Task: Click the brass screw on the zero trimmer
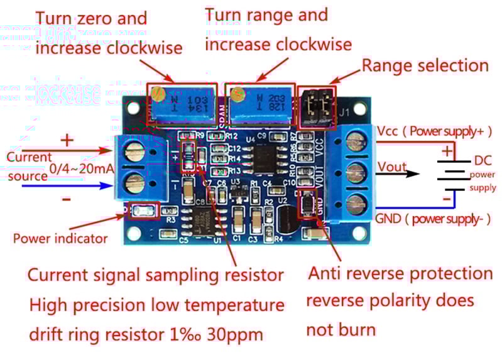click(x=159, y=95)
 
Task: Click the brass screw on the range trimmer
click(x=237, y=95)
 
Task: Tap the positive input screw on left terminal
click(x=133, y=151)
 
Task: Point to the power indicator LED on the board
click(x=143, y=212)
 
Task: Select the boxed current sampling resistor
click(x=188, y=157)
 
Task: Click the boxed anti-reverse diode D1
click(x=306, y=203)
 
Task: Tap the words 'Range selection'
click(x=425, y=66)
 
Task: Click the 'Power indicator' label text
click(x=60, y=239)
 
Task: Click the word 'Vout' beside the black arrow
click(x=391, y=167)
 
